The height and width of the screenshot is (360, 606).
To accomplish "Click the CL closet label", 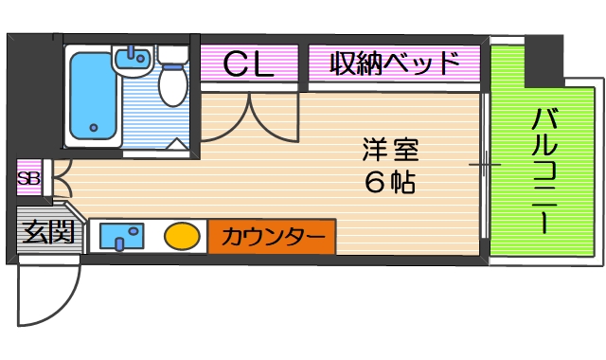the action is (249, 64).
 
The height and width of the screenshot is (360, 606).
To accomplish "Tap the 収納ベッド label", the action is (394, 64).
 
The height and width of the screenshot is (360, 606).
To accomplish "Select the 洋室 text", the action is (389, 149).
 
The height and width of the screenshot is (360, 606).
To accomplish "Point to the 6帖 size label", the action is (389, 182).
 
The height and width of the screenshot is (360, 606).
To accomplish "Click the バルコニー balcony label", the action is (544, 171).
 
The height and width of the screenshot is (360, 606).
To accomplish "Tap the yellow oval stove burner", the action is (181, 236).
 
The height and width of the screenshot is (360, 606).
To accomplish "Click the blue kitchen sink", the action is (120, 236).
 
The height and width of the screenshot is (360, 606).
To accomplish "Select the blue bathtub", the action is (91, 95).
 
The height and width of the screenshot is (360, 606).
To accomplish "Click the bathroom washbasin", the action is (132, 62).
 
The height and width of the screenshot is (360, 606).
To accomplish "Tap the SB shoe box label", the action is (28, 177).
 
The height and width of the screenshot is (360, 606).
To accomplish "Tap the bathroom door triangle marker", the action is (177, 143).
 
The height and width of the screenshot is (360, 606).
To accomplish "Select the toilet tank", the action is (173, 55).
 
